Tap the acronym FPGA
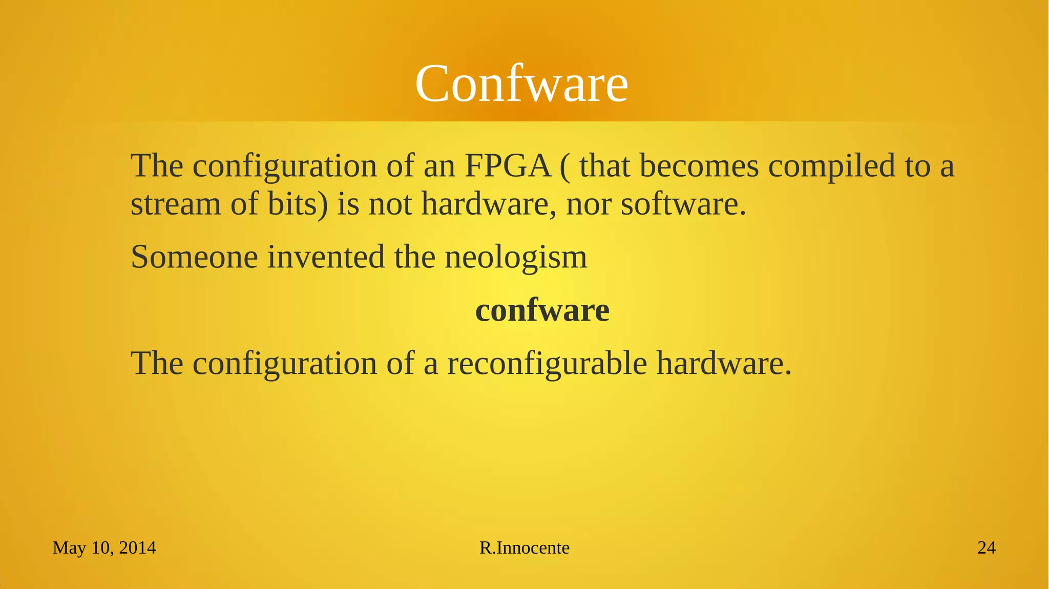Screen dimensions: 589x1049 pos(507,166)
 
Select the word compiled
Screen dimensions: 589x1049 pos(832,167)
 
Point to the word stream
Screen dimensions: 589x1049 pos(176,204)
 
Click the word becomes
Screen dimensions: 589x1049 pos(699,166)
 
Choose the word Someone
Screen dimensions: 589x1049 pos(194,257)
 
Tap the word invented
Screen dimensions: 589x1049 pos(326,257)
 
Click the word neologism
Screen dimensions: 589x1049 pos(516,258)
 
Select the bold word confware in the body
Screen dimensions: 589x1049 pos(542,310)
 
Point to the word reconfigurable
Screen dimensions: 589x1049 pos(547,364)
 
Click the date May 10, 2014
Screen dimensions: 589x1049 pos(104,548)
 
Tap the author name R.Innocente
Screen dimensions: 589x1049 pos(524,548)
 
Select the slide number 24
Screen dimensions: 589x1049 pos(987,548)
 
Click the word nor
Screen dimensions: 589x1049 pos(589,204)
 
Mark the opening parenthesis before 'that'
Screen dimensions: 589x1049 pos(564,167)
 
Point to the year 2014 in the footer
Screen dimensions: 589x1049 pos(137,548)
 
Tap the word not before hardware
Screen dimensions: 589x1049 pos(390,204)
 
